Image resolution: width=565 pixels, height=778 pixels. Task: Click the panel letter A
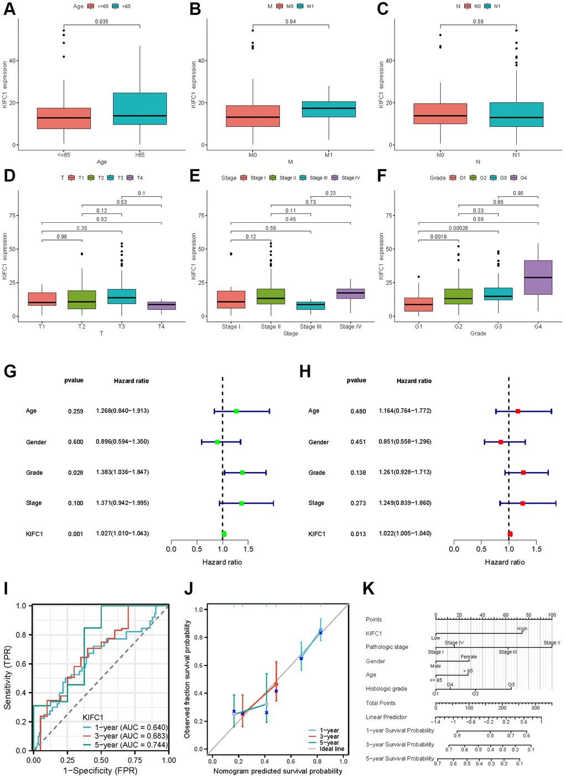(9, 9)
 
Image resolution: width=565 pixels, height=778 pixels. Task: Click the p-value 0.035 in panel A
(101, 22)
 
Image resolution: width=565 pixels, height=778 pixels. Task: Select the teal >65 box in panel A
(140, 109)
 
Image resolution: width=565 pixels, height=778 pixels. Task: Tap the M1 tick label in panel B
(328, 155)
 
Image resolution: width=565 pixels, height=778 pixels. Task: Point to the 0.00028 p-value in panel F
(458, 228)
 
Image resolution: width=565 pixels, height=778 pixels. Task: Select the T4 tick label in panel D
(161, 326)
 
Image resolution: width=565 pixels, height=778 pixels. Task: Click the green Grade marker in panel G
(242, 473)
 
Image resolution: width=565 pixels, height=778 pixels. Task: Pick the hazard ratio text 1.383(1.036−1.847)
(122, 472)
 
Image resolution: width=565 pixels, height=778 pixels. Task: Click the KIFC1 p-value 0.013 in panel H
(358, 534)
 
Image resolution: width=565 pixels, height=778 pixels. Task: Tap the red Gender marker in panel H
(501, 442)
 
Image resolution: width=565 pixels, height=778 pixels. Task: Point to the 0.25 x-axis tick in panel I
(68, 760)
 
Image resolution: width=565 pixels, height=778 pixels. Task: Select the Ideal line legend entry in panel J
(331, 749)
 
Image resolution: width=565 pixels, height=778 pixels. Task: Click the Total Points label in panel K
(381, 703)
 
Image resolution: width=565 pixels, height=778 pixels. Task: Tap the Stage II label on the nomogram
(551, 643)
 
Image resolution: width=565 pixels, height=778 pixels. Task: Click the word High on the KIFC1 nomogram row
(522, 629)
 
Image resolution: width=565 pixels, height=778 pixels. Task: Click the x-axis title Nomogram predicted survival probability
(278, 771)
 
